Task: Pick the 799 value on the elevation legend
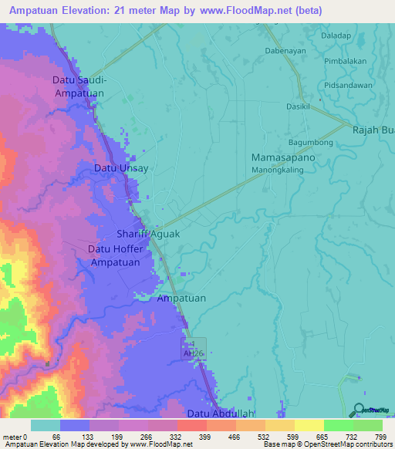coord(381,437)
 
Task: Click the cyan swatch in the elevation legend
coord(46,425)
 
